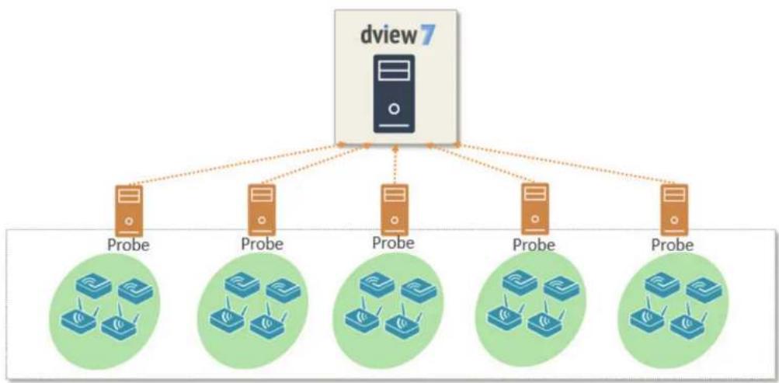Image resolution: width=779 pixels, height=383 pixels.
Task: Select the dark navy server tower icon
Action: (x=394, y=93)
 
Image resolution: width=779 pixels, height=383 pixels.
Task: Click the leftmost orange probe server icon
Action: (x=129, y=210)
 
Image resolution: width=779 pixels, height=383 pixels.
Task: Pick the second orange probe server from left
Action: (x=262, y=210)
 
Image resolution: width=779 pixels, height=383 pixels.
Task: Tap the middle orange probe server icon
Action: (x=395, y=210)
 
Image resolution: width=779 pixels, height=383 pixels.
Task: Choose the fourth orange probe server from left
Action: (x=535, y=209)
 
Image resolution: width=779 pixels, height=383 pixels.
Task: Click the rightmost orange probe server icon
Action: (x=674, y=210)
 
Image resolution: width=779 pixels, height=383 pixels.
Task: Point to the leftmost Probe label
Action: (x=129, y=245)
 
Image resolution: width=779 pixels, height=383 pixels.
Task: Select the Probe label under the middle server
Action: (x=393, y=243)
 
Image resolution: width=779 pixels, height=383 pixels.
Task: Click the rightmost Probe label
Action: (x=672, y=245)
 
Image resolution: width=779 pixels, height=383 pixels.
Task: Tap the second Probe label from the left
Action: (x=263, y=243)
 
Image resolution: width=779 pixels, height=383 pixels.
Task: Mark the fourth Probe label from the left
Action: (x=534, y=245)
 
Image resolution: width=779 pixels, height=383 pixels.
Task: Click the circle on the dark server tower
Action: (x=395, y=109)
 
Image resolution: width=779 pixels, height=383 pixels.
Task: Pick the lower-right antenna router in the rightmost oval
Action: (x=687, y=325)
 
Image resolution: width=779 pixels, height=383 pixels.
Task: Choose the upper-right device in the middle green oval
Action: (x=419, y=291)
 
